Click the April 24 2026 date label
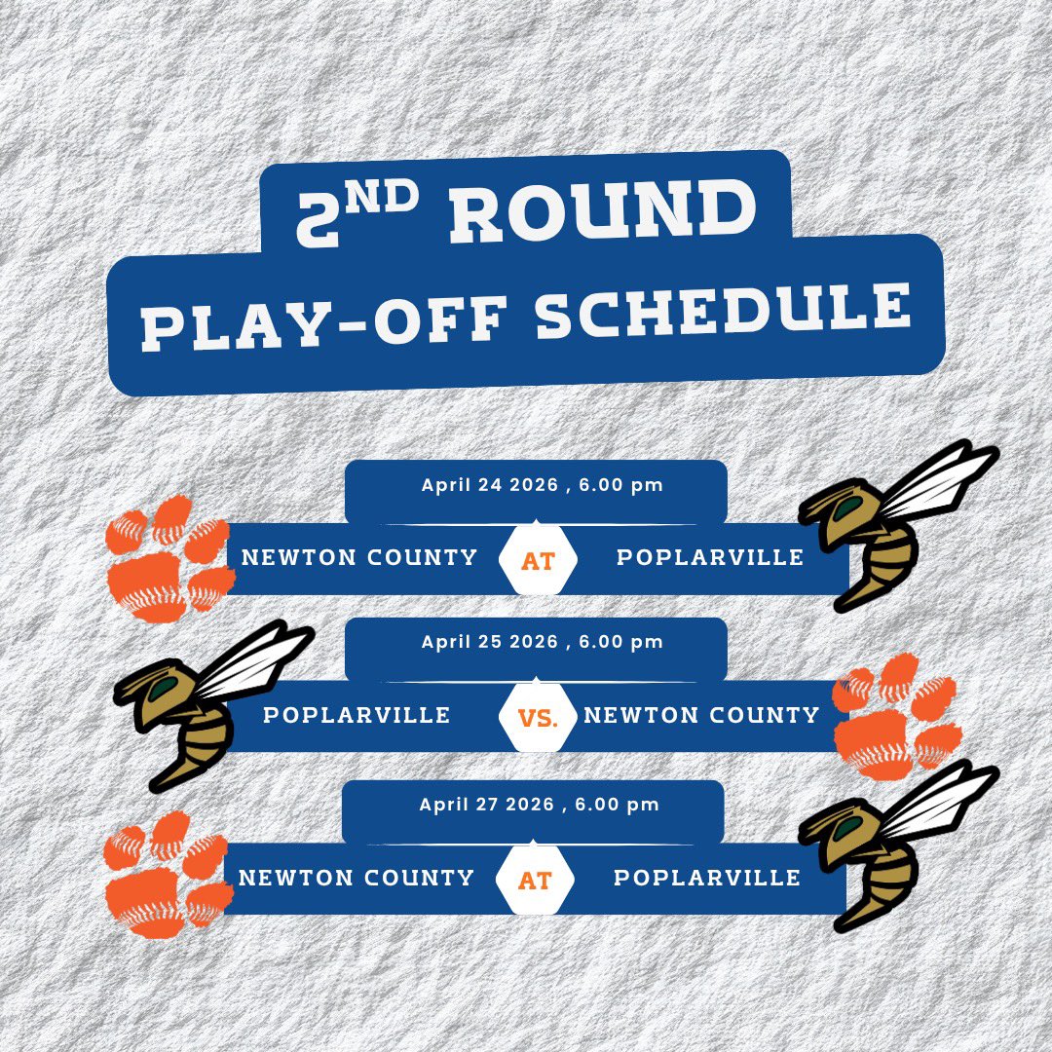[542, 485]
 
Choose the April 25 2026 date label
[542, 642]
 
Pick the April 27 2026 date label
[539, 805]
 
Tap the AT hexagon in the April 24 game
[537, 560]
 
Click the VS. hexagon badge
[537, 719]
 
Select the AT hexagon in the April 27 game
[534, 881]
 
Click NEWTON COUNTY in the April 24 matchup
[359, 557]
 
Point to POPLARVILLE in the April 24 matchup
[710, 557]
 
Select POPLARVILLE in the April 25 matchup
[357, 715]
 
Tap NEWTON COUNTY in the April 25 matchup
[701, 715]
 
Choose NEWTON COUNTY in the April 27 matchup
[356, 878]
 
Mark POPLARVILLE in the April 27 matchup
[707, 878]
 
